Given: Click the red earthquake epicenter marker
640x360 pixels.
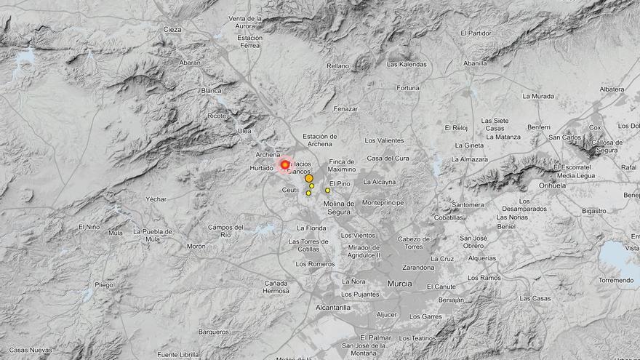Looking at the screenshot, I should (284, 165).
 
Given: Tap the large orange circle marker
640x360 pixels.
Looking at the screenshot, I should (309, 178).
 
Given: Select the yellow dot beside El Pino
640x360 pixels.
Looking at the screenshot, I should (327, 191).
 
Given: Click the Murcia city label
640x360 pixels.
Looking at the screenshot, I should (399, 283).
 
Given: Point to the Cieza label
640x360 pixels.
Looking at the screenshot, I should (172, 30).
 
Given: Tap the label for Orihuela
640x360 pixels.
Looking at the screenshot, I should (552, 185).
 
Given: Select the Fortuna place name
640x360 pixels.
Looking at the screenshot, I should (408, 88).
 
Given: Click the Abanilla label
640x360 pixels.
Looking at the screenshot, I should (475, 63).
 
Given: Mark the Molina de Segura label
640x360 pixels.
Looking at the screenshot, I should (339, 207).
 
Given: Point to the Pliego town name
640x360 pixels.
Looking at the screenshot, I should (104, 284).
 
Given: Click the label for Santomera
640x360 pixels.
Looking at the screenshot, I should (468, 204).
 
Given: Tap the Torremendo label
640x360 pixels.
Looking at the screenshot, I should (616, 280).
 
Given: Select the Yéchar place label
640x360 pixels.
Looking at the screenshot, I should (156, 199).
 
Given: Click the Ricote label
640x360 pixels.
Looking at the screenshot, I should (217, 116).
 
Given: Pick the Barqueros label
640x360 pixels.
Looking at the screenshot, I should (214, 332).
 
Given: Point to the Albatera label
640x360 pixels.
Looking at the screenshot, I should (612, 89).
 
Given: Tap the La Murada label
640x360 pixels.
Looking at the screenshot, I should (538, 96).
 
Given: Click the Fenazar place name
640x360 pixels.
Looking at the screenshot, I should (345, 109).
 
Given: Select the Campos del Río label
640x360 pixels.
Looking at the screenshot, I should (225, 231).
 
